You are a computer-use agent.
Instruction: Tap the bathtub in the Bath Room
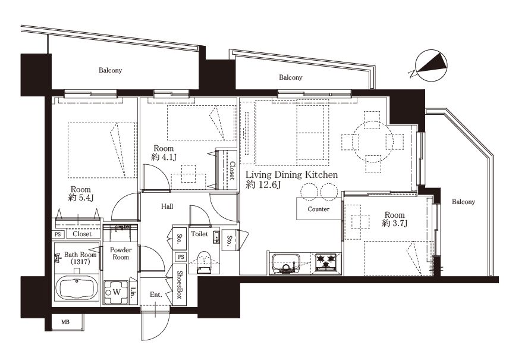pyautogui.click(x=77, y=287)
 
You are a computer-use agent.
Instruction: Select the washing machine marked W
pyautogui.click(x=116, y=292)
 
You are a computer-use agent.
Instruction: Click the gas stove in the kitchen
pyautogui.click(x=326, y=262)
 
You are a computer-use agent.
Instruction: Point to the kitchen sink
pyautogui.click(x=286, y=263)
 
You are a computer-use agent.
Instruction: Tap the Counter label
pyautogui.click(x=319, y=209)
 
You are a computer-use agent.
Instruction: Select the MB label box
pyautogui.click(x=65, y=323)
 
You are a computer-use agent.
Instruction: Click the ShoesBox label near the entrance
pyautogui.click(x=179, y=285)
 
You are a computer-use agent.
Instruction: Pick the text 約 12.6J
pyautogui.click(x=263, y=185)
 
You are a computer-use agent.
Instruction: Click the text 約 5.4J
pyautogui.click(x=81, y=198)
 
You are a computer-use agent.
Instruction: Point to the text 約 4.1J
pyautogui.click(x=164, y=157)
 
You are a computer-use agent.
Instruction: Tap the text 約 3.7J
pyautogui.click(x=395, y=223)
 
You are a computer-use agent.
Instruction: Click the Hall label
pyautogui.click(x=167, y=206)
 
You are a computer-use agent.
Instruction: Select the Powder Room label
pyautogui.click(x=121, y=253)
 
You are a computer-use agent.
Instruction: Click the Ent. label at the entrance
pyautogui.click(x=156, y=295)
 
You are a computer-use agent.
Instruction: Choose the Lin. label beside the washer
pyautogui.click(x=133, y=292)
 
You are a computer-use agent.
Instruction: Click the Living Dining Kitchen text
pyautogui.click(x=291, y=175)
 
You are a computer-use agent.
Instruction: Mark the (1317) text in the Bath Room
pyautogui.click(x=80, y=261)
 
